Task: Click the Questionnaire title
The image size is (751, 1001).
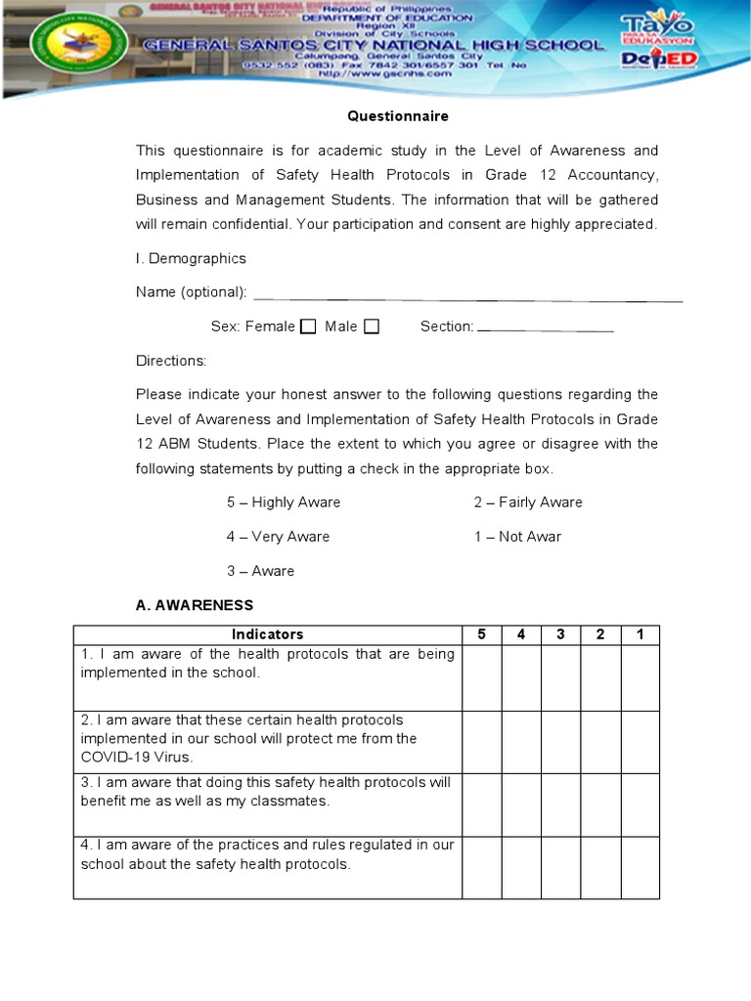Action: tap(398, 116)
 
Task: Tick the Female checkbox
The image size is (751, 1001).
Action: tap(308, 326)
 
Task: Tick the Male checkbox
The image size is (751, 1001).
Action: tap(372, 326)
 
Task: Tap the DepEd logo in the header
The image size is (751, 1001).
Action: tap(658, 61)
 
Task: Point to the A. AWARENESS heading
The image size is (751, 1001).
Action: tap(194, 605)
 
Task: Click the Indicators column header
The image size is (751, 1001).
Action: tap(267, 634)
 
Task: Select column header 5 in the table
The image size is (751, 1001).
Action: tap(481, 634)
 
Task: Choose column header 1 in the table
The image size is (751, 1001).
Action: tap(640, 634)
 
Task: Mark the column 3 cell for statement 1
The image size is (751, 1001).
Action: tap(560, 677)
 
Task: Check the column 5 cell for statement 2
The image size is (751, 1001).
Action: tap(481, 742)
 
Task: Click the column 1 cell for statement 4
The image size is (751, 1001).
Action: tap(640, 866)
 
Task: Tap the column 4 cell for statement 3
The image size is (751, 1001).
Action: tap(521, 805)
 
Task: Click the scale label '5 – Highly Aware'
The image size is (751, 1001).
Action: tap(284, 502)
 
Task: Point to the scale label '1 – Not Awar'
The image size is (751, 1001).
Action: tap(517, 537)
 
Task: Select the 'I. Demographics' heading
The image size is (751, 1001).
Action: tap(191, 259)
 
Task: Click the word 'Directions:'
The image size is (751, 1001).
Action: tap(171, 361)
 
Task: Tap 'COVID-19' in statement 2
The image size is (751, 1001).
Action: tap(110, 757)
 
